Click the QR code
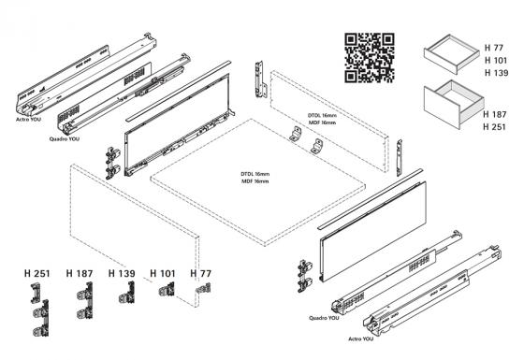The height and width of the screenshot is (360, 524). click(370, 56)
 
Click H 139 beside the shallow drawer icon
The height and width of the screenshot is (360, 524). click(496, 73)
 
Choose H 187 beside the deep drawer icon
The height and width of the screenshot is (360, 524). click(496, 114)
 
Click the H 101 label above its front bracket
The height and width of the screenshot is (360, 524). click(163, 273)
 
